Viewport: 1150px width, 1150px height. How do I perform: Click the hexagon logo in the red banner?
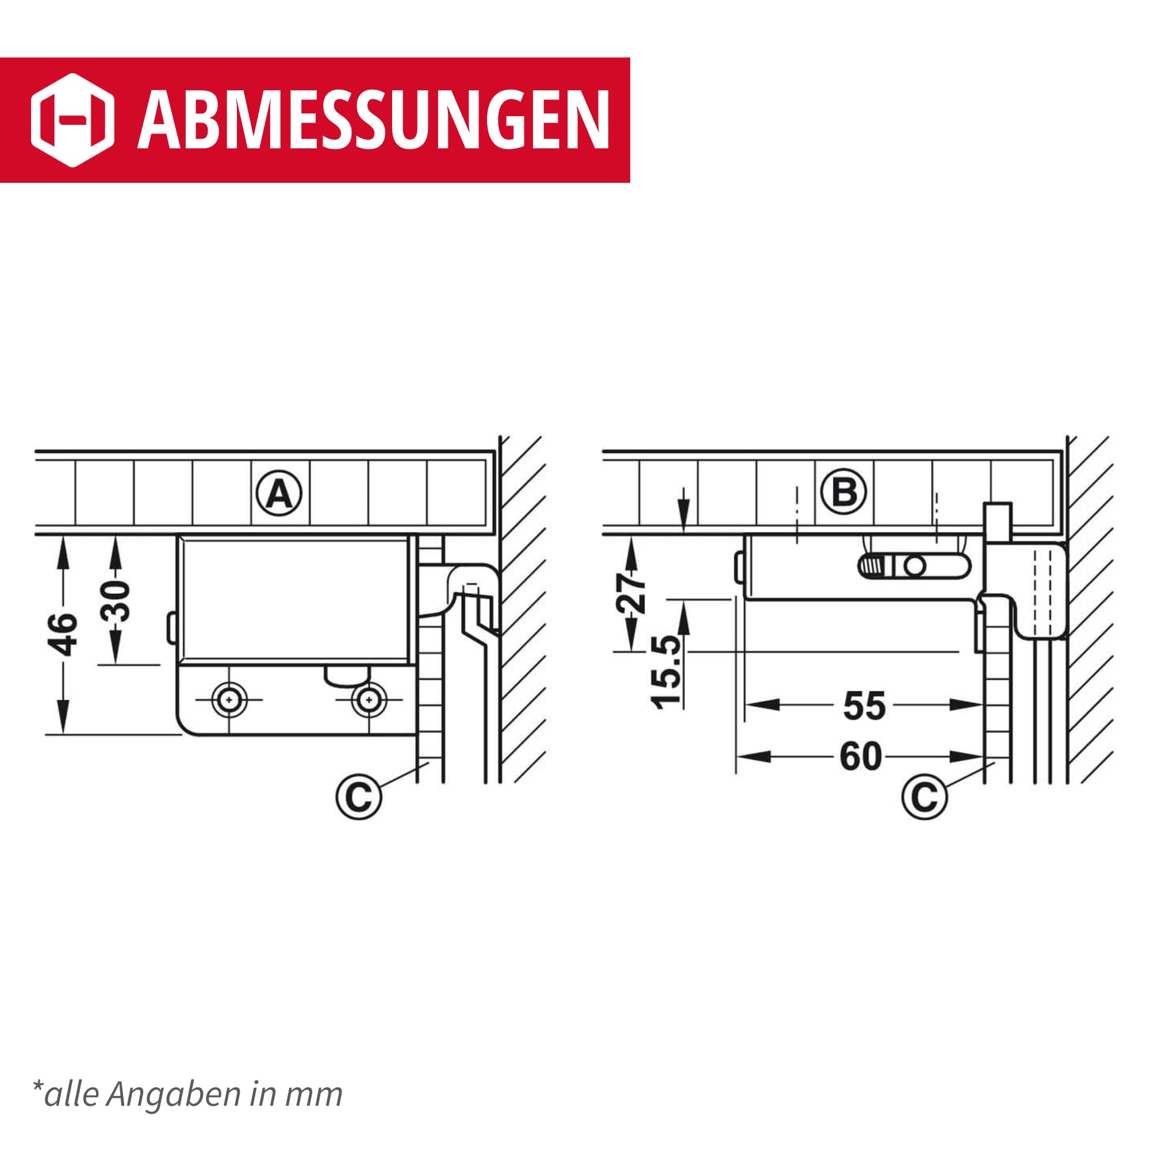click(x=72, y=120)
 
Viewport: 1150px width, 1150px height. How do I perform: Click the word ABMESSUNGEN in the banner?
click(x=374, y=121)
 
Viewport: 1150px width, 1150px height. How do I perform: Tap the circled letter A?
click(x=279, y=493)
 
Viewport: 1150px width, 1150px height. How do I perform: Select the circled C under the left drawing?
click(x=358, y=796)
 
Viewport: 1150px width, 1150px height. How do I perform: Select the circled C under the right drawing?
click(x=925, y=796)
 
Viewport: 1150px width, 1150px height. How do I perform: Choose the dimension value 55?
click(x=864, y=707)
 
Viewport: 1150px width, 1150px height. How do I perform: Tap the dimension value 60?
click(x=861, y=757)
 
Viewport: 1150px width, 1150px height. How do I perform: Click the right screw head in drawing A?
click(x=369, y=700)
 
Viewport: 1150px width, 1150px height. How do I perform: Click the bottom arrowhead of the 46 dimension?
click(x=63, y=716)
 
